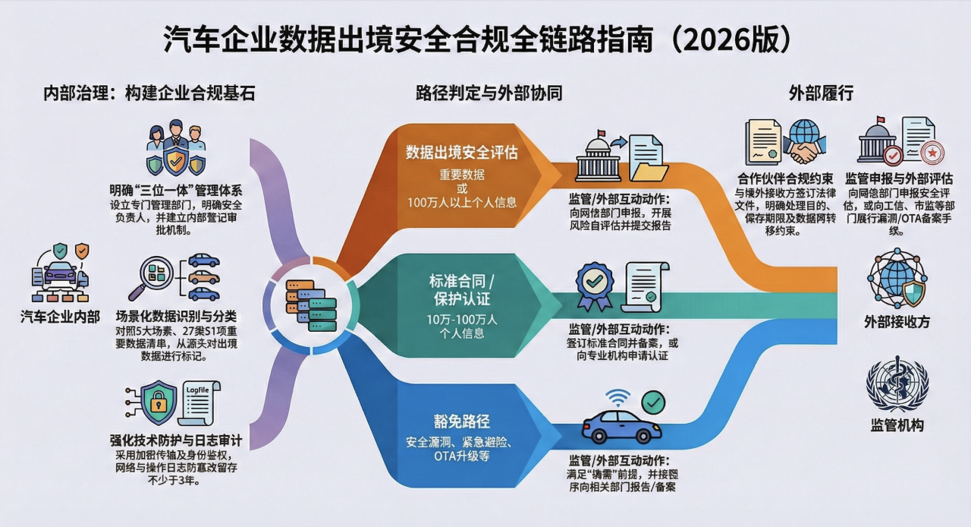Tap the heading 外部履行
[821, 93]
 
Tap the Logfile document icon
[200, 402]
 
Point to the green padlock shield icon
[159, 402]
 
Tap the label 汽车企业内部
[60, 316]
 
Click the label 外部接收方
[897, 322]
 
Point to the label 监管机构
[897, 425]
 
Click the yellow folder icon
[649, 168]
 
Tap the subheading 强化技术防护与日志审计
[175, 440]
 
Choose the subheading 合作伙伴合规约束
[785, 179]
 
